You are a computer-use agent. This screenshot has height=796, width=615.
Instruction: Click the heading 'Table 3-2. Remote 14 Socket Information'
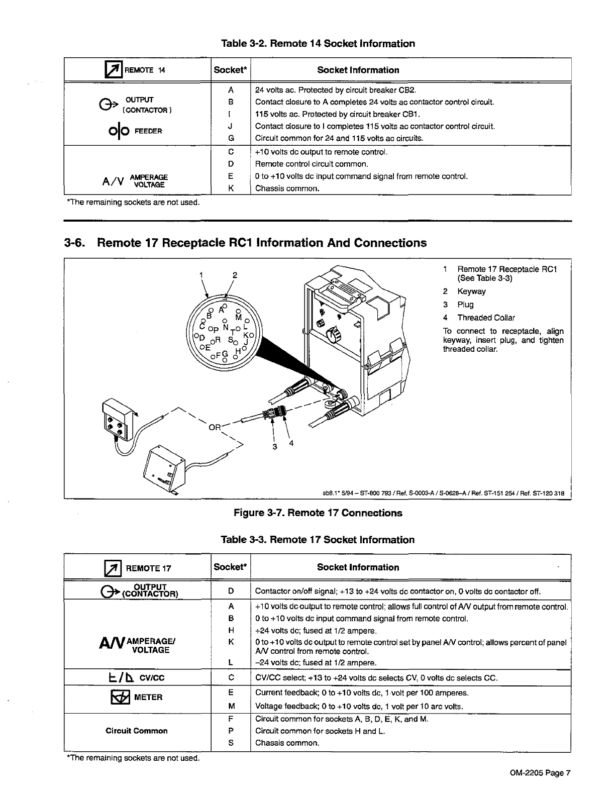[x=318, y=44]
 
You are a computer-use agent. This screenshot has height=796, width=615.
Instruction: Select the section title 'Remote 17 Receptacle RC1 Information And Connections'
[x=261, y=243]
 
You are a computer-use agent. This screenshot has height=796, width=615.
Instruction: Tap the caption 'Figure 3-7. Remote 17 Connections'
[x=318, y=513]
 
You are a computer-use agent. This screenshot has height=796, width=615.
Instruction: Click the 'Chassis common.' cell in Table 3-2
[x=287, y=189]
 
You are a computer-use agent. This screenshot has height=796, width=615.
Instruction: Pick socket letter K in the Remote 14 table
[x=231, y=188]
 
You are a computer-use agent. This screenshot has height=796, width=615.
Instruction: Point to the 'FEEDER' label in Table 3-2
[x=151, y=132]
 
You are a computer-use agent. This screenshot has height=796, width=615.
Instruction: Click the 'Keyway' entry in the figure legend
[x=471, y=291]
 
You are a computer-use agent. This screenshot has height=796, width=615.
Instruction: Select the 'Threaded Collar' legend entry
[x=486, y=318]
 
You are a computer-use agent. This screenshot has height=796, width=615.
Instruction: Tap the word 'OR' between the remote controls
[x=215, y=428]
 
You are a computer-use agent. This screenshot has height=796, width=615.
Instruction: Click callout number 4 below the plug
[x=291, y=443]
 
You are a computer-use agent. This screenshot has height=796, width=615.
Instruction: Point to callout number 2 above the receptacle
[x=235, y=275]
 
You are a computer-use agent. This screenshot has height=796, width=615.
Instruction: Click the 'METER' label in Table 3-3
[x=148, y=697]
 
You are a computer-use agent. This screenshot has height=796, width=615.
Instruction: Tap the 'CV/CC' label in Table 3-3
[x=152, y=678]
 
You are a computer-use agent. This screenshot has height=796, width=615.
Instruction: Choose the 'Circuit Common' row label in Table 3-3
[x=136, y=731]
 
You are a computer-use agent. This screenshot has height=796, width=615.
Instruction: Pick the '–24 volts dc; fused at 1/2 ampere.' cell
[x=316, y=663]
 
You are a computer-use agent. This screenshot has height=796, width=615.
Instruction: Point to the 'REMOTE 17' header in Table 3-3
[x=148, y=568]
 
